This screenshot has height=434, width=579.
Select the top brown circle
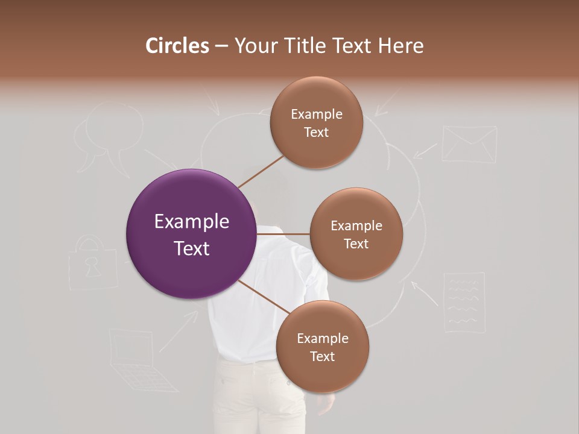[x=316, y=123]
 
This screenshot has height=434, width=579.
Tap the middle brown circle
[x=356, y=234]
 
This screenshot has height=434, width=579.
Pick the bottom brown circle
[x=322, y=347]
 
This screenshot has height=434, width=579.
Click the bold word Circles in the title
[x=177, y=46]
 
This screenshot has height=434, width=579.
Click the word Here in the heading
[x=400, y=46]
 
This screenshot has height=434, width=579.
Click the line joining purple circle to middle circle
[x=283, y=234]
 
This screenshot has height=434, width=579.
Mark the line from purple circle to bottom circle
[x=264, y=296]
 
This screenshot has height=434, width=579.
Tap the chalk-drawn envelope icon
[x=469, y=144]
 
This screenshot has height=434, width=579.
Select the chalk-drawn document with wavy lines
[x=464, y=301]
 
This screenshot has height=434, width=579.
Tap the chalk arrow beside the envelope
[x=426, y=150]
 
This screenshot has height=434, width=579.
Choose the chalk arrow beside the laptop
[x=179, y=331]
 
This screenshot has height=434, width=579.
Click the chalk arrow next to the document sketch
[x=425, y=292]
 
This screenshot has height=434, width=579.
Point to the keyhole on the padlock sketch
[x=92, y=268]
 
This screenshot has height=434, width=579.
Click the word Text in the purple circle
[x=191, y=248]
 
